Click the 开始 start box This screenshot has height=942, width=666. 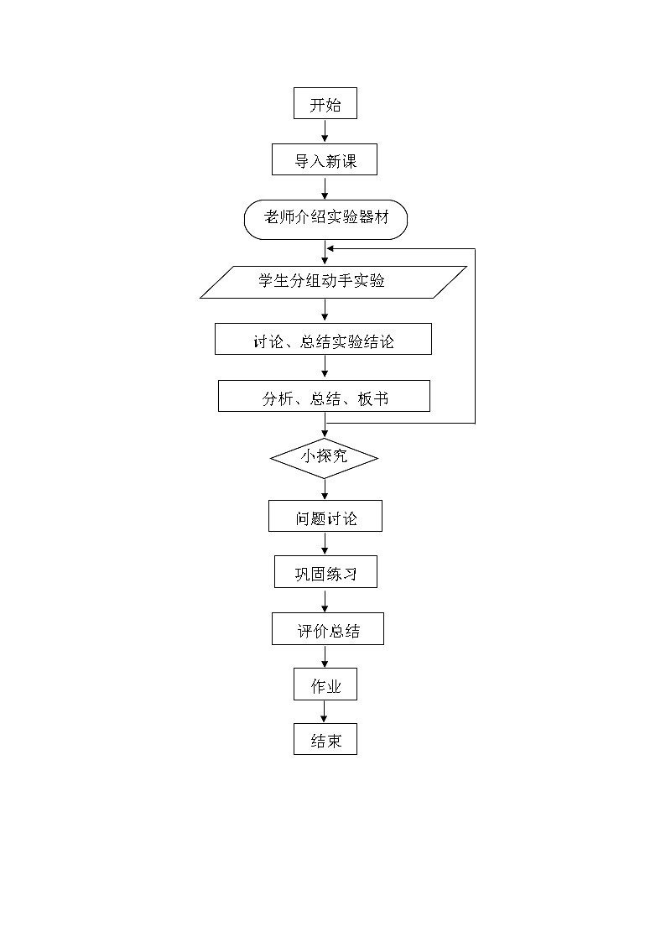click(325, 105)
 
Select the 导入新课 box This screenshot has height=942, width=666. click(325, 160)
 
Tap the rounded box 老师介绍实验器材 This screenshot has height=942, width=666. click(325, 220)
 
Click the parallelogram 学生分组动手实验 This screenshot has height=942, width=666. click(333, 282)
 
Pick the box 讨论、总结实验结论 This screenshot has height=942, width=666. click(323, 340)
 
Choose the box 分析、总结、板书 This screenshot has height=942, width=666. click(324, 397)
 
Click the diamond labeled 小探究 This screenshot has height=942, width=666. click(324, 458)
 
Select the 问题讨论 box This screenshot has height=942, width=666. click(325, 517)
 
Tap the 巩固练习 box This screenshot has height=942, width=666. click(325, 572)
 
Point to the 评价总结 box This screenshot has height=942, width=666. click(327, 629)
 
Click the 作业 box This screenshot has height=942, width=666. click(325, 684)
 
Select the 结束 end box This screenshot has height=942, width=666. click(325, 739)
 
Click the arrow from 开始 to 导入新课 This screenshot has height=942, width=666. click(325, 132)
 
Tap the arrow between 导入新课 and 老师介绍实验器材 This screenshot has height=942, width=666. click(325, 188)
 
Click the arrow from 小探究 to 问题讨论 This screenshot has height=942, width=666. click(325, 490)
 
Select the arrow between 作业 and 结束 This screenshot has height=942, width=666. click(325, 712)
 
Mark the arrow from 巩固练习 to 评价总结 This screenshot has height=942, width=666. click(325, 601)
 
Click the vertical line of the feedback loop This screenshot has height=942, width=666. click(475, 336)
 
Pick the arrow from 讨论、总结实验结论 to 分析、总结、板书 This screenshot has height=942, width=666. click(325, 367)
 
